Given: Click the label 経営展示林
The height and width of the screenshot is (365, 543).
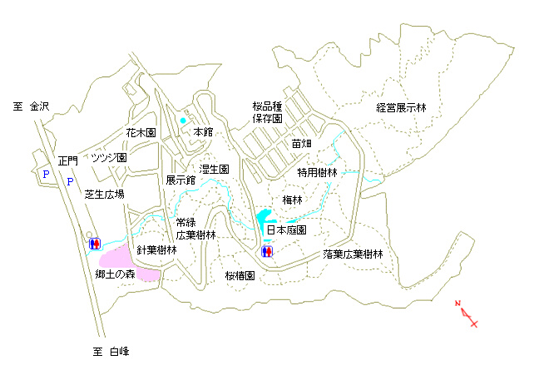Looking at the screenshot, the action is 401,108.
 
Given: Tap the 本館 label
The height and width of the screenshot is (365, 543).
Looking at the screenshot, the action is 203,132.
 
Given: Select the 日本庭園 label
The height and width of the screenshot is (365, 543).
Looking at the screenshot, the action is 287,230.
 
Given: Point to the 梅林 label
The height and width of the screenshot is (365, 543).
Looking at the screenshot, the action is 292,200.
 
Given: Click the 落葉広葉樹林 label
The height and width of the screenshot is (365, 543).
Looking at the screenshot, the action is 353,254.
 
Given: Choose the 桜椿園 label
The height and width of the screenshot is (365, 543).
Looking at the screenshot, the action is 240,276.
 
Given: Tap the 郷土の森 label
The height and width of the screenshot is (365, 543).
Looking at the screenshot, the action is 115,274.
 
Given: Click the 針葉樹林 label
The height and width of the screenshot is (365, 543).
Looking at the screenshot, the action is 156,249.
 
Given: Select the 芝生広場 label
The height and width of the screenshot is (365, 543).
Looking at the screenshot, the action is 104,195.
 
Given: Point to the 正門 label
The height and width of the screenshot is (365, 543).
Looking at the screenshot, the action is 68,161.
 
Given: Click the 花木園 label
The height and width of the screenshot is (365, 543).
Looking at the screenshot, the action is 141,133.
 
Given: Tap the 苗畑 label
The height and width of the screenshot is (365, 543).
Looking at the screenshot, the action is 301,143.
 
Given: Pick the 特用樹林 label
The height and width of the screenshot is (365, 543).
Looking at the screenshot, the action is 317,172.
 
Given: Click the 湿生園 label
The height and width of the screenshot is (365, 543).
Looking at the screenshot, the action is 214,169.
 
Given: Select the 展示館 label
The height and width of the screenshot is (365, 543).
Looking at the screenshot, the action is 180,180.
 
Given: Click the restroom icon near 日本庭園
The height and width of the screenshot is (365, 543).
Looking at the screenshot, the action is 267,251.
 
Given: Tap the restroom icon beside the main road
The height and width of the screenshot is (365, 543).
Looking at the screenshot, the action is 95,244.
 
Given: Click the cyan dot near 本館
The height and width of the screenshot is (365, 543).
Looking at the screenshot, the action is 183,121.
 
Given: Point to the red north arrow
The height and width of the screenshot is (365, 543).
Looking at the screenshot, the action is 466,313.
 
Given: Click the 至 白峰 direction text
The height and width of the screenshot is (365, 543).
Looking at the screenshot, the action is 111,352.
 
